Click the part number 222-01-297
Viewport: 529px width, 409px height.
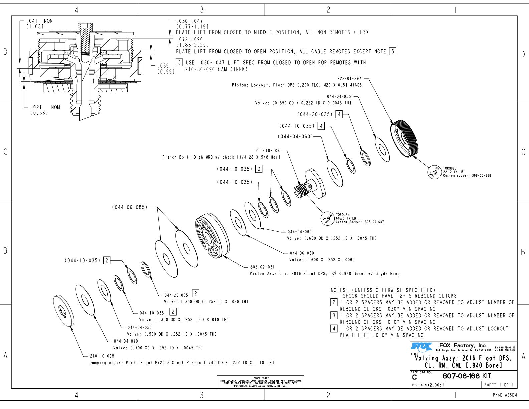[349, 79]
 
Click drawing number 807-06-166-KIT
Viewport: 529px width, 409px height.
[467, 376]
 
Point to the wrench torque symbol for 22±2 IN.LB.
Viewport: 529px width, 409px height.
[434, 172]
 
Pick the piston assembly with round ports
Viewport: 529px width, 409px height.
[213, 235]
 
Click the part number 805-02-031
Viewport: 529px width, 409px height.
[262, 267]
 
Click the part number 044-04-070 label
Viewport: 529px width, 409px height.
[126, 341]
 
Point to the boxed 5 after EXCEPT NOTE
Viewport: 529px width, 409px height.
[393, 52]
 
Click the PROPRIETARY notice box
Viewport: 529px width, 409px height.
[260, 382]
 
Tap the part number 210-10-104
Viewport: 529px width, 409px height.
[268, 151]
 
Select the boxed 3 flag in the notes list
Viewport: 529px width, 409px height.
[334, 315]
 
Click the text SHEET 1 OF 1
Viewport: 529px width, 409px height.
[499, 385]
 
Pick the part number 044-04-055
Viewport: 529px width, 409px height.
[339, 96]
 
